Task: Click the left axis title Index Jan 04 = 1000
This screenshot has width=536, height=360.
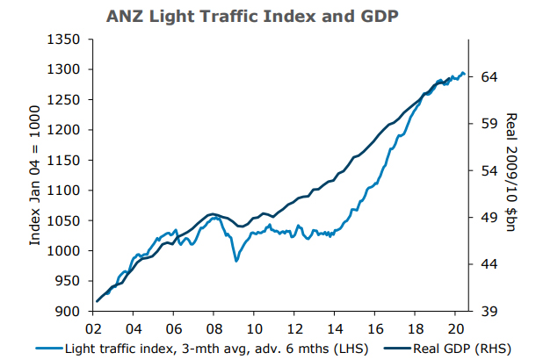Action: (x=37, y=176)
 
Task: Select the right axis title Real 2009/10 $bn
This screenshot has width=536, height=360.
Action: (x=514, y=176)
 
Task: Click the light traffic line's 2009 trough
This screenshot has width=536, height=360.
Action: (x=235, y=262)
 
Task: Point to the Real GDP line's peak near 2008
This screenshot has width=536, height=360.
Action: (x=212, y=213)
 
